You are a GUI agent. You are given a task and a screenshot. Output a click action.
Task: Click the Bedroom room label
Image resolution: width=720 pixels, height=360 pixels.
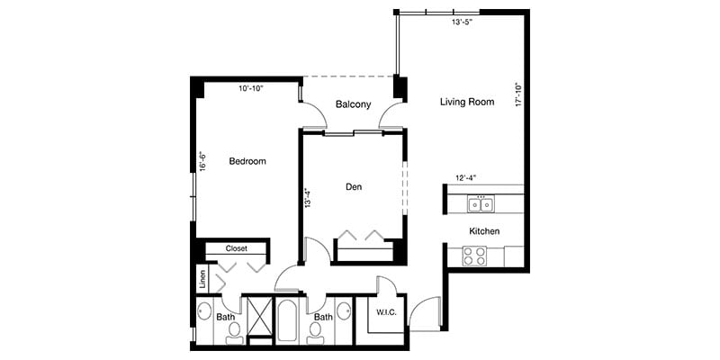tap(247, 161)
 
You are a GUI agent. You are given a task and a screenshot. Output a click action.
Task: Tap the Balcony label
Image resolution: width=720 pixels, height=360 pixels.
tap(353, 104)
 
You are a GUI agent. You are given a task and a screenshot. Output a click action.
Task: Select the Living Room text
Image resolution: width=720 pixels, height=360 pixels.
tap(467, 102)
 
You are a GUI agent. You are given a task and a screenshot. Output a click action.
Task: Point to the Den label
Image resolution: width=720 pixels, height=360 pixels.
tap(354, 187)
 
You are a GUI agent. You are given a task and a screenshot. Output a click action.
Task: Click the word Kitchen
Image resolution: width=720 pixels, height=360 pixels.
tap(483, 231)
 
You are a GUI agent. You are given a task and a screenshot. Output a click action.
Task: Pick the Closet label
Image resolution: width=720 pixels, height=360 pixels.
tap(237, 248)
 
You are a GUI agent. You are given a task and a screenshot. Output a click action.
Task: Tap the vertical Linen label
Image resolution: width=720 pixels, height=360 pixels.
tap(203, 279)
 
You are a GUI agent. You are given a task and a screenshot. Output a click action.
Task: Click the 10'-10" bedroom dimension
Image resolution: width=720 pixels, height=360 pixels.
tap(253, 88)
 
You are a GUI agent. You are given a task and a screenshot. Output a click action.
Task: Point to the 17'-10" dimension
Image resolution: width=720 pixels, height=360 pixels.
tap(518, 96)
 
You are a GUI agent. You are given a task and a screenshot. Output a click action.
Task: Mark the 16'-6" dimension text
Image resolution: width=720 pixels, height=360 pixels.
tap(203, 161)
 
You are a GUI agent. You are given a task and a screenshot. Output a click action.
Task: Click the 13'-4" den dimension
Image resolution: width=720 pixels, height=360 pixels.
tap(308, 199)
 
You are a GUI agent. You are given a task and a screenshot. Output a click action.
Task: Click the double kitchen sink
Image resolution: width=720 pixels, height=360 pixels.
tap(480, 204)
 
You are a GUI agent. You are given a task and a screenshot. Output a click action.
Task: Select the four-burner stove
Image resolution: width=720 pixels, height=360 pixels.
tap(474, 256)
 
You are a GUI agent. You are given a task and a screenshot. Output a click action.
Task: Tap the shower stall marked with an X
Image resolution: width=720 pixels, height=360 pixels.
tap(259, 319)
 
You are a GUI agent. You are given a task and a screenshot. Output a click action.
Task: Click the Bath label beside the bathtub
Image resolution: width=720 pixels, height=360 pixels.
tap(323, 317)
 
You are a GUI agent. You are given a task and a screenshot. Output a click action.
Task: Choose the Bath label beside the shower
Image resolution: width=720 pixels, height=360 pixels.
tap(226, 317)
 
